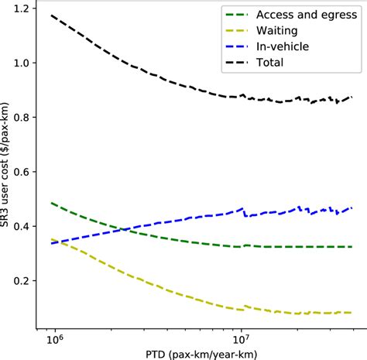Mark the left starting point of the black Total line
click(x=51, y=15)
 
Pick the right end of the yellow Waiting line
click(x=353, y=313)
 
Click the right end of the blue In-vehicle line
click(x=353, y=207)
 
